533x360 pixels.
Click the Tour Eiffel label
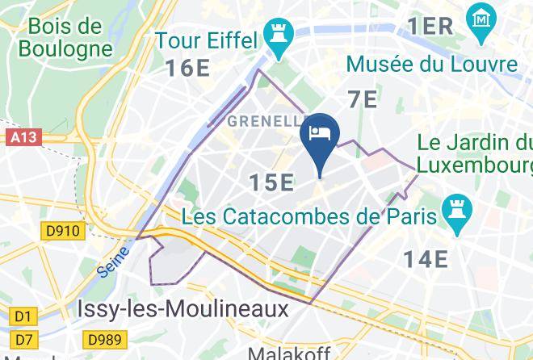[x=206, y=39]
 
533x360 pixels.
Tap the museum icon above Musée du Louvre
[x=481, y=16]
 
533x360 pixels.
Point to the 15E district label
[x=271, y=183]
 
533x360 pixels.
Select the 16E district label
[x=189, y=67]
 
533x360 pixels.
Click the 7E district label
[x=363, y=99]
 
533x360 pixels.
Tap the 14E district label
[x=426, y=258]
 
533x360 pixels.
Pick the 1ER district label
[x=430, y=26]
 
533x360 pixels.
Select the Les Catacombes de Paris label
[x=310, y=216]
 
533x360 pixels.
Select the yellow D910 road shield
[x=62, y=232]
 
